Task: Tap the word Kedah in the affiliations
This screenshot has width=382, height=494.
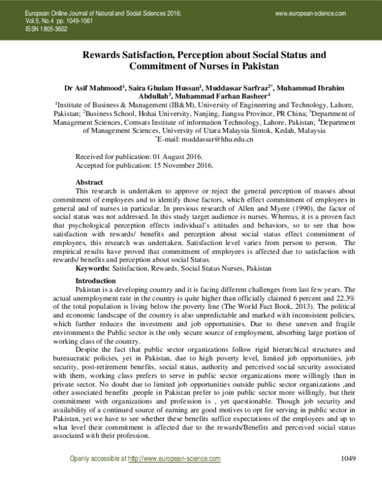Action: pos(271,129)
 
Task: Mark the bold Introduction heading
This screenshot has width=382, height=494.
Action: pos(96,263)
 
